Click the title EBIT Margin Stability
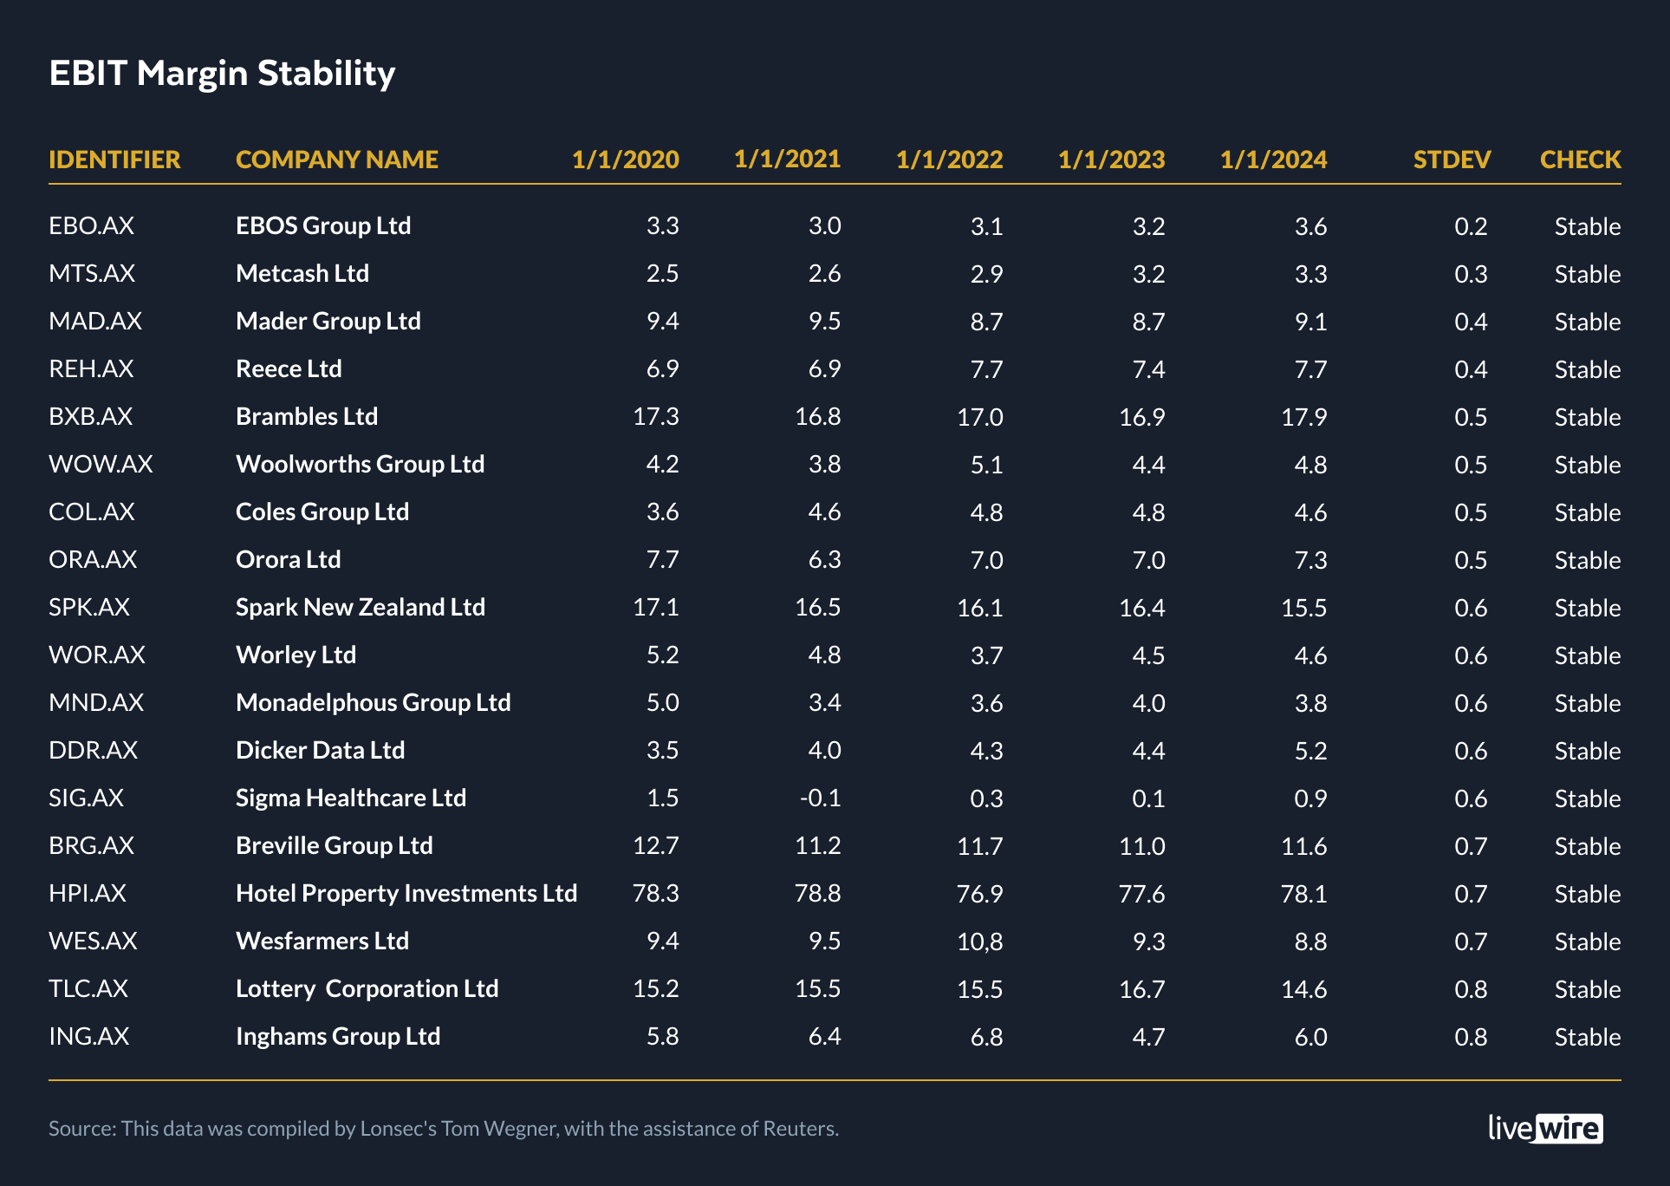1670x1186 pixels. click(222, 74)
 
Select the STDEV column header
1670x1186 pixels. click(1452, 160)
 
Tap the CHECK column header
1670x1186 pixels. click(1580, 160)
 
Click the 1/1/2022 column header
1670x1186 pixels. click(949, 160)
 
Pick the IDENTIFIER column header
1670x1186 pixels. click(114, 160)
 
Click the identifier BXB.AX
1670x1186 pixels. click(91, 417)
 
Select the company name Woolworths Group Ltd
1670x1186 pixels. click(360, 465)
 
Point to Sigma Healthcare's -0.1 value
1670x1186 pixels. click(820, 798)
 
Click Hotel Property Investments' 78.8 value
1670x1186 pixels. click(817, 894)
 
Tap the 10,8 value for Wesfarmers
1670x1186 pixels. click(979, 942)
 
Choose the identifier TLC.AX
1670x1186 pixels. click(88, 989)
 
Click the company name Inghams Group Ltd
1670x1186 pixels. click(338, 1037)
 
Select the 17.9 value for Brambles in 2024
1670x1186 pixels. click(1303, 417)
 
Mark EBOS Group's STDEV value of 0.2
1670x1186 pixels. click(1471, 226)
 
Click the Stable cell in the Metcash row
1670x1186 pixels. click(1587, 274)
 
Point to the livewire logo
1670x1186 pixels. click(1545, 1128)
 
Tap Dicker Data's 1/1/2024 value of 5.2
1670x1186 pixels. click(1310, 751)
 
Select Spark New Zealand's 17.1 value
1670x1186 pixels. click(655, 608)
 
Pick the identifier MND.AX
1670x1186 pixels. click(96, 703)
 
